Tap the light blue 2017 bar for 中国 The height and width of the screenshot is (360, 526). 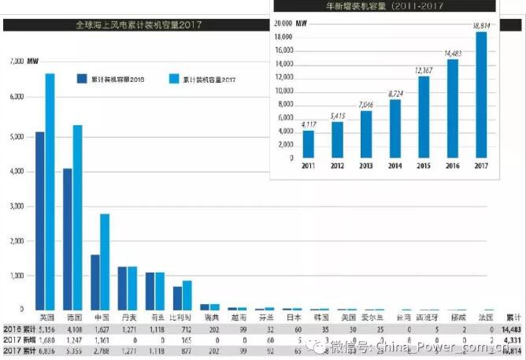pyautogui.click(x=105, y=261)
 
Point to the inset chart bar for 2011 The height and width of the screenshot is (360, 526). pyautogui.click(x=308, y=143)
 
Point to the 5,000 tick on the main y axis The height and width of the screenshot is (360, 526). pyautogui.click(x=17, y=135)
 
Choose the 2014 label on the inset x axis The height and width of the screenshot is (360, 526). pyautogui.click(x=394, y=165)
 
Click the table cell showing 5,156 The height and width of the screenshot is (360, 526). pyautogui.click(x=46, y=328)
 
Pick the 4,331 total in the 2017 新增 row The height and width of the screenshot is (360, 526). pyautogui.click(x=513, y=338)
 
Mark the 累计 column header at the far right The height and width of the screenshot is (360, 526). pyautogui.click(x=513, y=316)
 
